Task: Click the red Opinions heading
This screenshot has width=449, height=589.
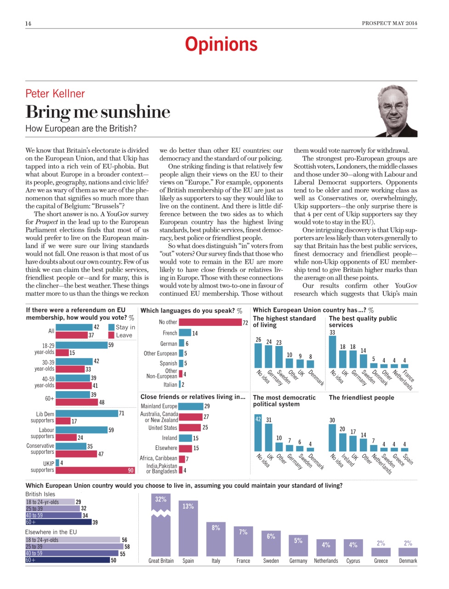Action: (x=221, y=45)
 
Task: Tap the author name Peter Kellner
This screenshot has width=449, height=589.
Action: (x=55, y=94)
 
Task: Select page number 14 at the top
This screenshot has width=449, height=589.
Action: (x=28, y=23)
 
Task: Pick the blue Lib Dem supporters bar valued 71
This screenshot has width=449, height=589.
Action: (x=87, y=413)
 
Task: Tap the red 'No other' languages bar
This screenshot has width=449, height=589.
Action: (x=210, y=322)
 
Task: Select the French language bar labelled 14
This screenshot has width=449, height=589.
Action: (x=185, y=333)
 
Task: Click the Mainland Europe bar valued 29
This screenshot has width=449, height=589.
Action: (x=190, y=406)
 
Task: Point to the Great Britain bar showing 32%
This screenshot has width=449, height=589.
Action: (x=161, y=525)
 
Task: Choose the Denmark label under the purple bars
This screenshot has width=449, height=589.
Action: (x=408, y=561)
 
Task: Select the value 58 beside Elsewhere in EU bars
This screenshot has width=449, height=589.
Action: (x=127, y=547)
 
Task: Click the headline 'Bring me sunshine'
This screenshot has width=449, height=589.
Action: (x=98, y=112)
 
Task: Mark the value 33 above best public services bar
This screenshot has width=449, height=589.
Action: (x=332, y=332)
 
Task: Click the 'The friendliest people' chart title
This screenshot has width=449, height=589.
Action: (x=361, y=398)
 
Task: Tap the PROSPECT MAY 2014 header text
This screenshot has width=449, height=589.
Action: (x=389, y=23)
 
